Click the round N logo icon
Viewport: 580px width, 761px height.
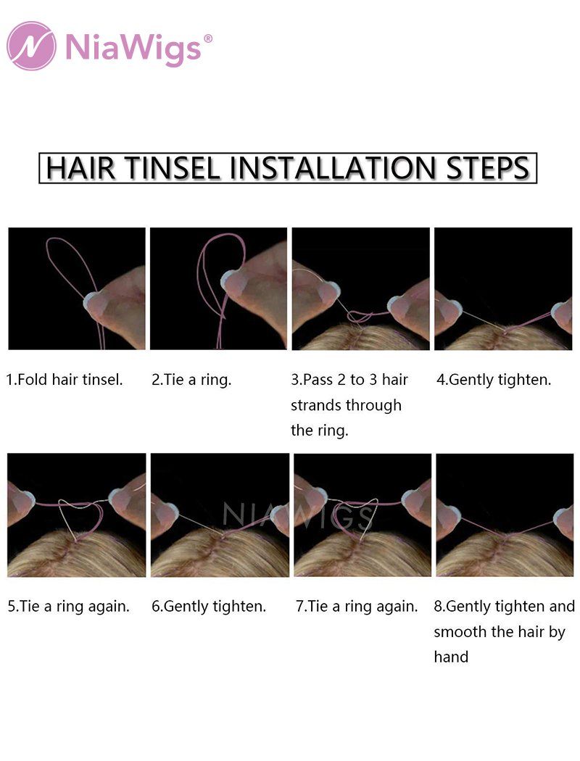click(x=31, y=46)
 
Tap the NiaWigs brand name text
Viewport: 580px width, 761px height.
click(x=133, y=48)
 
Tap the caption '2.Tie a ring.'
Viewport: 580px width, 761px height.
click(x=191, y=380)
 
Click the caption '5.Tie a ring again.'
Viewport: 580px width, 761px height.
click(x=68, y=606)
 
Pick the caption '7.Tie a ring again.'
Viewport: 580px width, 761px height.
click(x=357, y=606)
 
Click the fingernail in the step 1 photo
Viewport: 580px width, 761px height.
click(x=92, y=302)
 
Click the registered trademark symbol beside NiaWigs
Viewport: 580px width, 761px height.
click(x=208, y=38)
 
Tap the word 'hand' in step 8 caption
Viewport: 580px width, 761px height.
click(x=451, y=657)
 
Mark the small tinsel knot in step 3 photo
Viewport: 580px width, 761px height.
click(x=359, y=317)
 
